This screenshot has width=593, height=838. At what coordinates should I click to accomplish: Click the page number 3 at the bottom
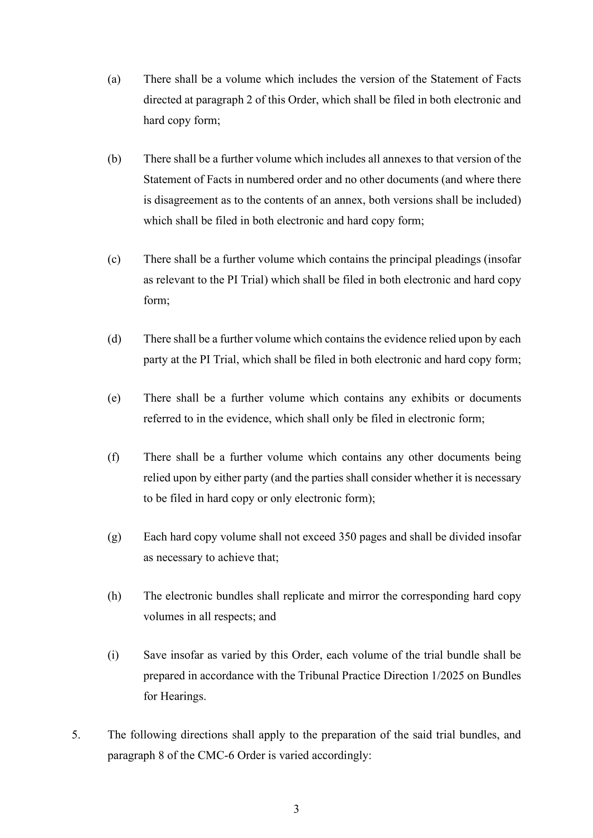click(296, 809)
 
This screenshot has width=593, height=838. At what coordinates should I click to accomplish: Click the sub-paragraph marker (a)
click(114, 79)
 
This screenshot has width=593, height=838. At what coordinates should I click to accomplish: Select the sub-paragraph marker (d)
click(114, 339)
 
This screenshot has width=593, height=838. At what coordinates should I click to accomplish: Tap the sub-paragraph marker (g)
click(114, 537)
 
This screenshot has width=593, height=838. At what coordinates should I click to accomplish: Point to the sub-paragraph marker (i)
click(113, 655)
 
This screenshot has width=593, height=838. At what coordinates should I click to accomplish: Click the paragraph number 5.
click(76, 735)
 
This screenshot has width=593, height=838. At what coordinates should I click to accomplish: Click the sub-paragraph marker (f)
click(113, 457)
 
